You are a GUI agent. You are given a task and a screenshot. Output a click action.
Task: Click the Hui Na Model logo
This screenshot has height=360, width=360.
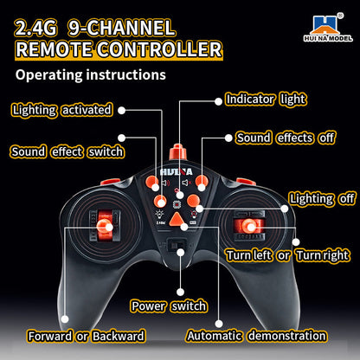[x=328, y=28]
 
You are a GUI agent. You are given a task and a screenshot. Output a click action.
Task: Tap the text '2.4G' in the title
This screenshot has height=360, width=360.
[x=35, y=28]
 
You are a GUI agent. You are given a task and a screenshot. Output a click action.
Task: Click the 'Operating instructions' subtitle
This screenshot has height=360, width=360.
[x=91, y=74]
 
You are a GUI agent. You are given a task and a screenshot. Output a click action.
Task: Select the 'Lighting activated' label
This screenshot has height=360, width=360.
[x=62, y=110]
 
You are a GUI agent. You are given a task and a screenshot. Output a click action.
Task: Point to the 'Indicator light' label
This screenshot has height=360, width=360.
[x=266, y=100]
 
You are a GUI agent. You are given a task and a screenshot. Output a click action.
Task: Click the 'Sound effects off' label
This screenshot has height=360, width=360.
[x=286, y=138]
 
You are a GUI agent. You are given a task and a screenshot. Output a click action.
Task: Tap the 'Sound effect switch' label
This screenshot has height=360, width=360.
[x=67, y=151]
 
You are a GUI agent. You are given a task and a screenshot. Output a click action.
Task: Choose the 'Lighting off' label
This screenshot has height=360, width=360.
[x=322, y=199]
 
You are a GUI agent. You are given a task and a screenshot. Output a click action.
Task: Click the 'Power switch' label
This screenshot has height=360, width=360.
[x=169, y=305]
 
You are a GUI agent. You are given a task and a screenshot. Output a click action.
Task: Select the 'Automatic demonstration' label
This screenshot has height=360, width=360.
[x=256, y=336]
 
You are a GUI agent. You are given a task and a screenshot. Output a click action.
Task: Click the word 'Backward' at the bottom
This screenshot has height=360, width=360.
[x=119, y=336]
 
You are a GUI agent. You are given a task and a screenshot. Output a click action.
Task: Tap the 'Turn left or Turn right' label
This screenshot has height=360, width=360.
[x=287, y=255]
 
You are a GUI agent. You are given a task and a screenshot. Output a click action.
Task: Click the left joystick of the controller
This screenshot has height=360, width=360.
[x=104, y=226]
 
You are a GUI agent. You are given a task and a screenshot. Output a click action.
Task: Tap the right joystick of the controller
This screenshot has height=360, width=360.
[x=248, y=226]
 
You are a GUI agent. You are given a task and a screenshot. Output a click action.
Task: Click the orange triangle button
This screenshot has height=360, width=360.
[x=177, y=220]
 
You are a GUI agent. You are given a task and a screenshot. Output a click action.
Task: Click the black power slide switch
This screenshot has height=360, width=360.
[x=176, y=246]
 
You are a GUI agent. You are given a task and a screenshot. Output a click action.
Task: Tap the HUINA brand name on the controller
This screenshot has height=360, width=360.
[x=177, y=172]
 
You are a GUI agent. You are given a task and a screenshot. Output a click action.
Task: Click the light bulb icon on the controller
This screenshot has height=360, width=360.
[x=159, y=215]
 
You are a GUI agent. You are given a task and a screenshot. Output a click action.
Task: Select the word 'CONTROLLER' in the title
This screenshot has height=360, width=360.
[x=159, y=49]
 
